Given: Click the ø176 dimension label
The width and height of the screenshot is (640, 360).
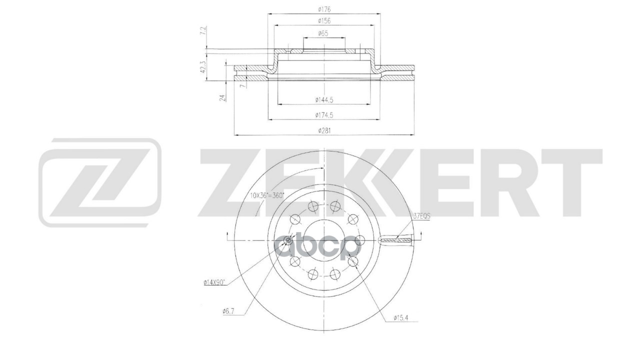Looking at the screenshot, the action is pos(324,9).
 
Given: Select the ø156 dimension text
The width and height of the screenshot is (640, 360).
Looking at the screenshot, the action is pos(324,21).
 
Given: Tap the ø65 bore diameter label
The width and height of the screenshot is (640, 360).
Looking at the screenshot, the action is pos(323,33).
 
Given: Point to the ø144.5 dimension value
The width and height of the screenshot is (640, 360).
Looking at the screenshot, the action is pos(324,100).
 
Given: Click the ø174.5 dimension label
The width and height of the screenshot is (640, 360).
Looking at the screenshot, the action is pos(324,115).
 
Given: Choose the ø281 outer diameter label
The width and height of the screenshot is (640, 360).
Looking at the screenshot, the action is pos(324,131).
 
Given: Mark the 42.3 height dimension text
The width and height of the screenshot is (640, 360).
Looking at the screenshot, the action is pos(203,67).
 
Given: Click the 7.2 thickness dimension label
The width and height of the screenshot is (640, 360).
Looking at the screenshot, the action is pos(203,31).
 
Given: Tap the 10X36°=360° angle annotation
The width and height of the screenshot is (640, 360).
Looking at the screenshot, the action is pos(267,195).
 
